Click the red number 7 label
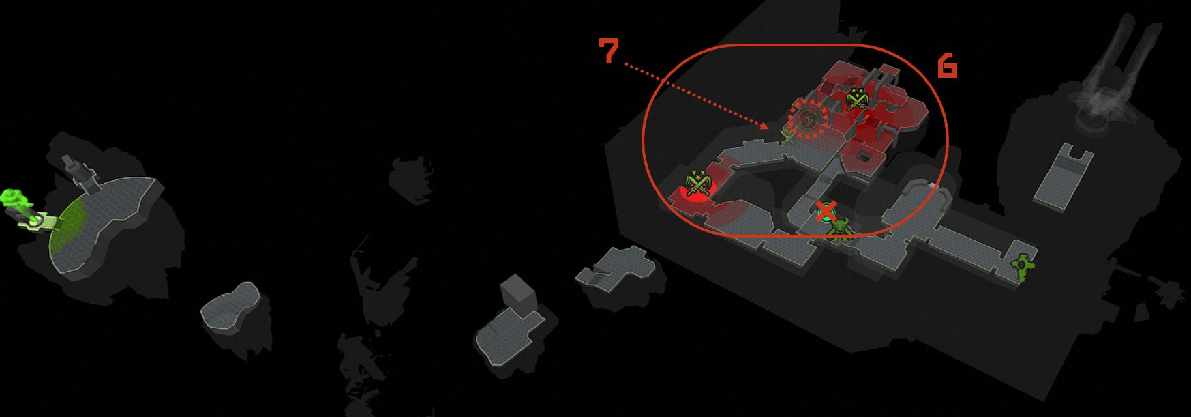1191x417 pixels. point(609,51)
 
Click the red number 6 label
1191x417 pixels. point(948,66)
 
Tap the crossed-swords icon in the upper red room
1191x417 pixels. point(856,100)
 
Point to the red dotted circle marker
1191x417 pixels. point(809,118)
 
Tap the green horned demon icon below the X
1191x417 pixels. point(839,229)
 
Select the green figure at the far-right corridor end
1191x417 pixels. point(1021,266)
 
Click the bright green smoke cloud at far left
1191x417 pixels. point(14,202)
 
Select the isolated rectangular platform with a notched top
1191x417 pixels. point(1064,173)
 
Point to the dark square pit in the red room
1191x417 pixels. point(863,158)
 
